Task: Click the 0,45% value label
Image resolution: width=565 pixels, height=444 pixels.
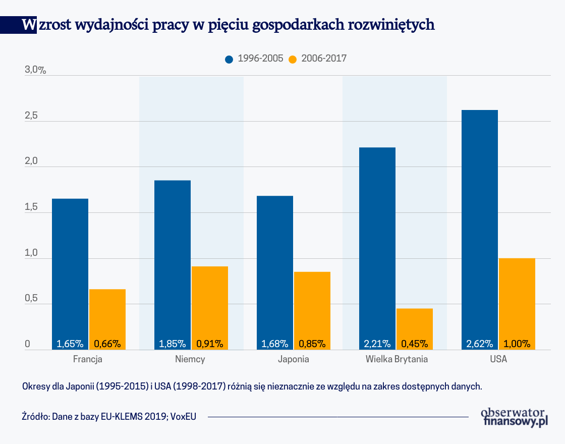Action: pyautogui.click(x=415, y=344)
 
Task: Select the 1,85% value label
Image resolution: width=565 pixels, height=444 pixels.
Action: pyautogui.click(x=173, y=344)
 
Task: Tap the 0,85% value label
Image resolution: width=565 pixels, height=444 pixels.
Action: pyautogui.click(x=312, y=344)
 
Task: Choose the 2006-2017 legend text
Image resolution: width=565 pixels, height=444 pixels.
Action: pyautogui.click(x=324, y=59)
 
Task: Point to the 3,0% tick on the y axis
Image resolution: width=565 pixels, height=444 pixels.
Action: pyautogui.click(x=35, y=70)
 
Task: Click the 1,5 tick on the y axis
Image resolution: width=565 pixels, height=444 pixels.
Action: pyautogui.click(x=31, y=207)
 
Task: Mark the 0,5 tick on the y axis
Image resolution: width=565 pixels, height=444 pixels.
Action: pyautogui.click(x=31, y=299)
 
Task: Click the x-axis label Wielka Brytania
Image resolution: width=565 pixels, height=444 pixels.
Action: pyautogui.click(x=397, y=360)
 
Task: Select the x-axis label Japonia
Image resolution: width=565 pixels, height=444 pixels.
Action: pyautogui.click(x=293, y=360)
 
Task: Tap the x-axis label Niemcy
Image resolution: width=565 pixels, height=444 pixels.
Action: pyautogui.click(x=190, y=360)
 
